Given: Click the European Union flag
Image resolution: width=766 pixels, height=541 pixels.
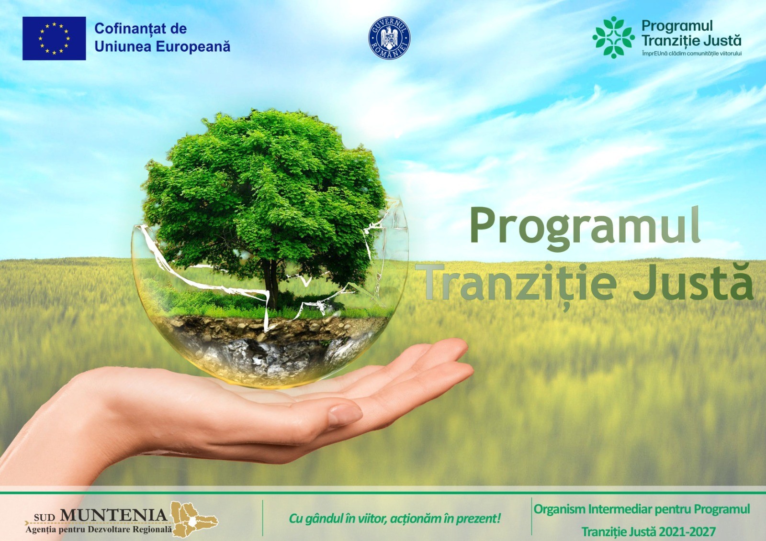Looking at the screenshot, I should [x=54, y=38].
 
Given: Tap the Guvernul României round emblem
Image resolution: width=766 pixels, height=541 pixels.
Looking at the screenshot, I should [x=389, y=38].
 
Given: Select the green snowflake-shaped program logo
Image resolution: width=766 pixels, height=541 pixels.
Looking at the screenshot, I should [x=613, y=37].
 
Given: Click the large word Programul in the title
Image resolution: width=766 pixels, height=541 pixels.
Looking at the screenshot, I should [x=585, y=227].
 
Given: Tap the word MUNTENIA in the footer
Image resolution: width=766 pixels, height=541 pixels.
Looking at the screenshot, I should [x=113, y=515].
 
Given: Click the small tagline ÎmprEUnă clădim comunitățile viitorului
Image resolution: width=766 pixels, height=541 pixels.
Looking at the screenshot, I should [x=691, y=54].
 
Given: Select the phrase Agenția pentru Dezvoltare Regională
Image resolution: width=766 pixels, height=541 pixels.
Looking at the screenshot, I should [x=99, y=530].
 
